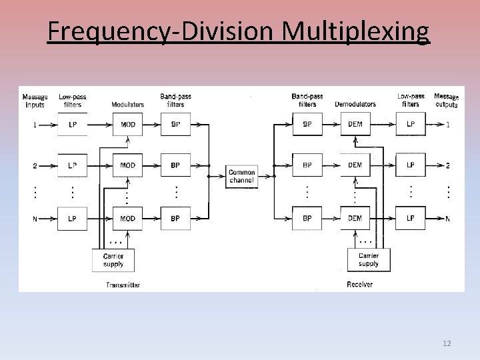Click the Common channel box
pos(242,177)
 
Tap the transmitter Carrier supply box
pos(113,260)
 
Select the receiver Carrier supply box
pos(369,260)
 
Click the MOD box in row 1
pos(127,125)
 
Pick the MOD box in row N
pos(127,219)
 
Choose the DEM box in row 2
pos(355,165)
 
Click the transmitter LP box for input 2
pos(72,165)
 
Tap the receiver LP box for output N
pos(411,219)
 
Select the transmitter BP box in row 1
pos(175,125)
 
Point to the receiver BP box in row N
pos(307,219)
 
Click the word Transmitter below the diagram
pos(123,285)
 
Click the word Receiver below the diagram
pos(360,285)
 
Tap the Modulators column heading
pos(127,105)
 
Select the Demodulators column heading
pos(355,105)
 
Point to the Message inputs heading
pos(35,101)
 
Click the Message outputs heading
pos(446,101)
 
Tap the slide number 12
pos(447,343)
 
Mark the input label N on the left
pos(35,219)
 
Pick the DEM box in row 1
pos(355,125)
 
